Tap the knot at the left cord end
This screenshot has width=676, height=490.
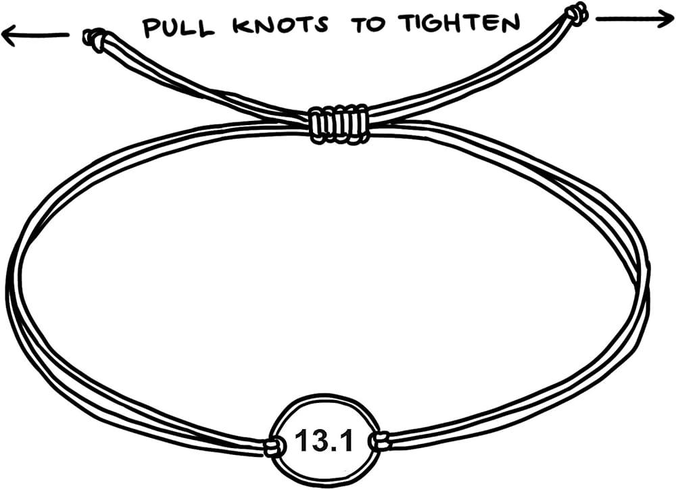pyautogui.click(x=94, y=40)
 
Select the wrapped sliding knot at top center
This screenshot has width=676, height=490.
pyautogui.click(x=338, y=124)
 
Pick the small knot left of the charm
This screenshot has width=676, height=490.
pyautogui.click(x=272, y=446)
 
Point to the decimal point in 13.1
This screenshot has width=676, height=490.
pyautogui.click(x=336, y=450)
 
